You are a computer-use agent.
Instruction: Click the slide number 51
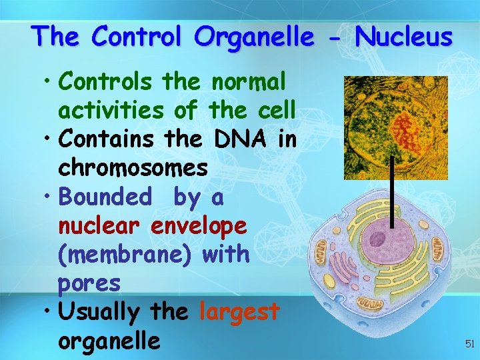468,344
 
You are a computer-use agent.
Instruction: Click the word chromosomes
133,168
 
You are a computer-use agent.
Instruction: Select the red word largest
239,311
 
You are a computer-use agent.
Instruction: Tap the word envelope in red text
199,225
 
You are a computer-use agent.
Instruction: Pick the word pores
89,283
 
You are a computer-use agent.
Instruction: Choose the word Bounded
105,197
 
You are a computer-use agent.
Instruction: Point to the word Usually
99,311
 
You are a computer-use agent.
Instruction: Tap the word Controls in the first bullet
107,82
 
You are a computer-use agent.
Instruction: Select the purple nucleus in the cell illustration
385,237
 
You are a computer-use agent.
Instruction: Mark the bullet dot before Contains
49,139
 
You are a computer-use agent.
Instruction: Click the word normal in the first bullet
248,82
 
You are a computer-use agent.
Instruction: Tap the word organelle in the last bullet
109,340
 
